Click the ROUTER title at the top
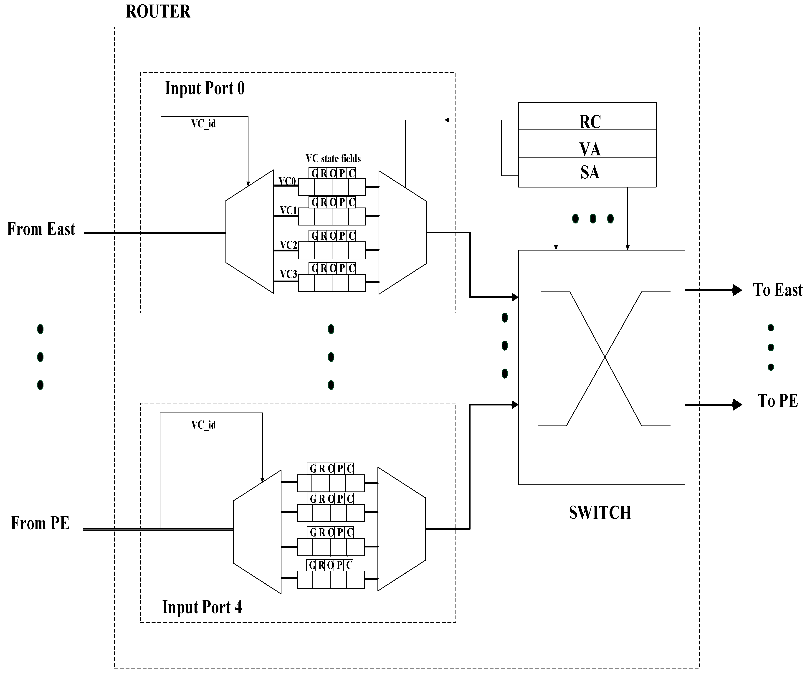[x=158, y=12]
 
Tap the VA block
[x=587, y=144]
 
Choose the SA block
[x=587, y=172]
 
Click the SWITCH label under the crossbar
[x=600, y=513]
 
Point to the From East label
[x=41, y=229]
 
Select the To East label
[x=778, y=290]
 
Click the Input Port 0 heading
[x=205, y=88]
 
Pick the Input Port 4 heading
[x=202, y=607]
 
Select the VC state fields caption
[x=333, y=159]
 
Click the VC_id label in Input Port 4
[x=204, y=425]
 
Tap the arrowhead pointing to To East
[x=737, y=290]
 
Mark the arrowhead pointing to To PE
[x=737, y=405]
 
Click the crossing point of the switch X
[x=604, y=358]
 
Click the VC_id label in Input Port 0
[x=204, y=124]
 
